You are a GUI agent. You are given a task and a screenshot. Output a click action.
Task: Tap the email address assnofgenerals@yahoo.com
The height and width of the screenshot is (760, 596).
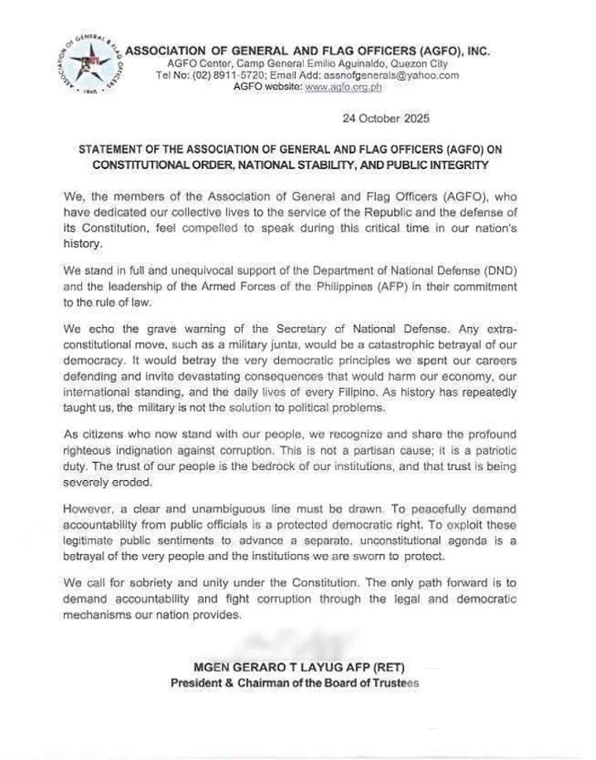[x=391, y=75]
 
